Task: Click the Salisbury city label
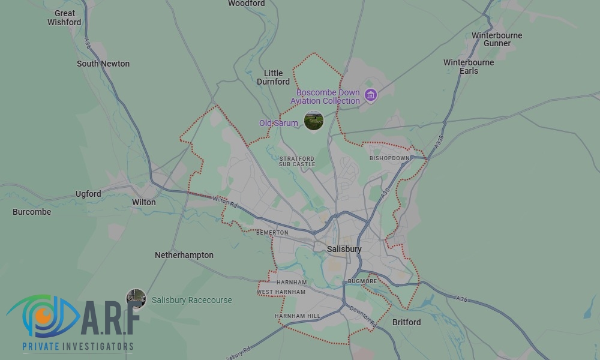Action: point(344,249)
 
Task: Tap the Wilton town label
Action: point(144,202)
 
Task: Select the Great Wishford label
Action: point(64,17)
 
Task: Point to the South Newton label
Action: point(103,64)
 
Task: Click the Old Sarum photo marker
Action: point(314,121)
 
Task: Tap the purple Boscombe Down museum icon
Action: point(371,95)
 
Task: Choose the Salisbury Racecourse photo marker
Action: point(136,299)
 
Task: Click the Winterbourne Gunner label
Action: point(497,39)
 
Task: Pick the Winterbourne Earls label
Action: point(469,67)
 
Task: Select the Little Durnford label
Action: point(273,77)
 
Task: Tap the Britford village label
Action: point(406,322)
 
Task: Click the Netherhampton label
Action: point(184,255)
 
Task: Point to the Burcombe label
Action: point(32,212)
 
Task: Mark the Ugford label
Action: point(88,194)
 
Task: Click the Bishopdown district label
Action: point(389,158)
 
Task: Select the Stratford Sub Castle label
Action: point(296,161)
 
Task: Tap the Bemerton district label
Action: point(272,232)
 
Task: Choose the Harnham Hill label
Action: point(297,316)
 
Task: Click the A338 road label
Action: point(439,142)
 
